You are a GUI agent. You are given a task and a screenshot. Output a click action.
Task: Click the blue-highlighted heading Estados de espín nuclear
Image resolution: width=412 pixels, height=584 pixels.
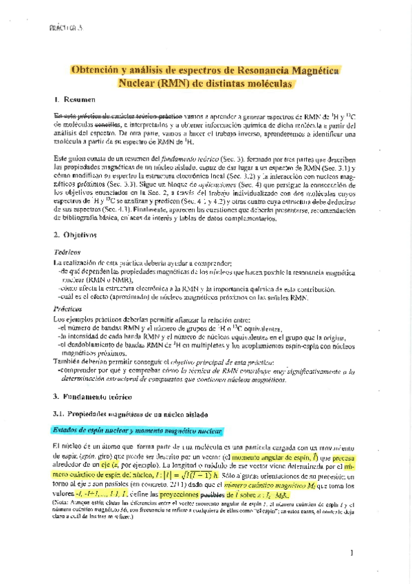click(138, 431)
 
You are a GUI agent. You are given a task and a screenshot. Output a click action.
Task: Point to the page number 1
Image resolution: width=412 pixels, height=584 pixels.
click(351, 552)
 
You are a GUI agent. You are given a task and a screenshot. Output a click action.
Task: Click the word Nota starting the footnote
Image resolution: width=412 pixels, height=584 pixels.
click(61, 501)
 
